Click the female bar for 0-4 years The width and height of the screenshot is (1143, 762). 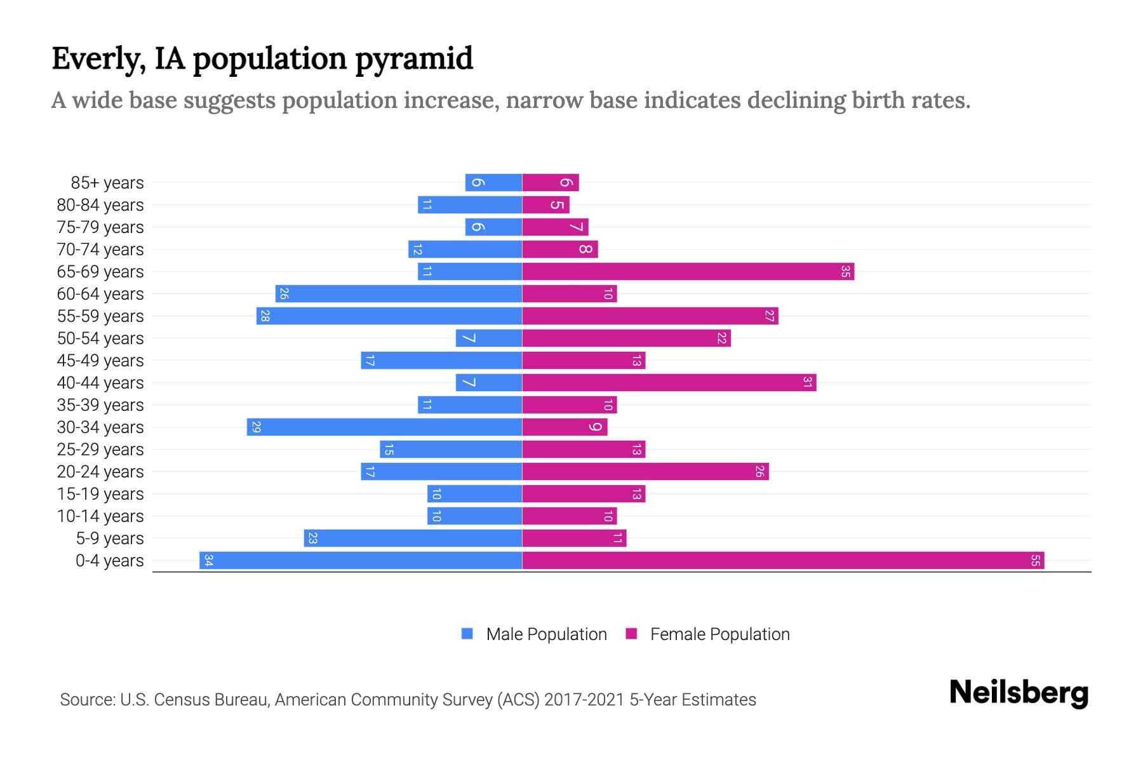[783, 561]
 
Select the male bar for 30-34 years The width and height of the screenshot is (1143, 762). [384, 427]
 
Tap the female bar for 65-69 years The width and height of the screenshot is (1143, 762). [688, 272]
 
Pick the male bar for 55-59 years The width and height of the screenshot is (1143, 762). [389, 316]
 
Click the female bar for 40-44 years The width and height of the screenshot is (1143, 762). [669, 383]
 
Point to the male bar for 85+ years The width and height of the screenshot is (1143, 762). [493, 183]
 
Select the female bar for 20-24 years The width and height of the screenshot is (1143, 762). [645, 472]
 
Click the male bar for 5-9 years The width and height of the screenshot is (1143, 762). [413, 538]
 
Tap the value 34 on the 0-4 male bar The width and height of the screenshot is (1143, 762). [208, 561]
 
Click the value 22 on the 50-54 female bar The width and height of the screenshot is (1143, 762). [721, 338]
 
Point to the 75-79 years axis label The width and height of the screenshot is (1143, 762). [100, 227]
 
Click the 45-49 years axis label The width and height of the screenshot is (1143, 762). [100, 361]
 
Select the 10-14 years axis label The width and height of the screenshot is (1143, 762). [100, 516]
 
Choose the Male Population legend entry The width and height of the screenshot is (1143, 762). [546, 634]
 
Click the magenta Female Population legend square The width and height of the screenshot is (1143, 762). [631, 634]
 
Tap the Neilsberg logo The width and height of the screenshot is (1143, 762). [1019, 693]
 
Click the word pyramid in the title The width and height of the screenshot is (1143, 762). [413, 59]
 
